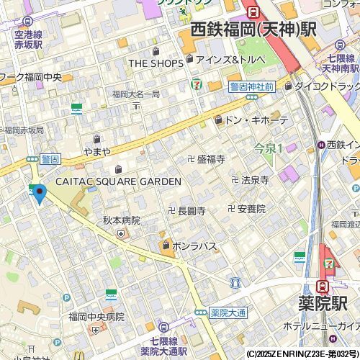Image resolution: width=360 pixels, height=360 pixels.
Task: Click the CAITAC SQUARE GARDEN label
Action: (119, 181)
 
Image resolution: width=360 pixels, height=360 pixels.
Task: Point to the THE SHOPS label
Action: (156, 63)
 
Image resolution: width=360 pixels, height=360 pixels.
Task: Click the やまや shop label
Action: (97, 151)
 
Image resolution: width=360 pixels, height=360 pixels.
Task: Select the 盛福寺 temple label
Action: (211, 158)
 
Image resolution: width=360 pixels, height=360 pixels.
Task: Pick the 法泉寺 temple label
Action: (255, 179)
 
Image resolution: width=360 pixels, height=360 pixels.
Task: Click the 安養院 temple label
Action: (251, 209)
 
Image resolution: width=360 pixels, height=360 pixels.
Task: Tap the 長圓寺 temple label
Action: (192, 211)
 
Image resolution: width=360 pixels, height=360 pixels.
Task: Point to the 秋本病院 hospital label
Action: (121, 220)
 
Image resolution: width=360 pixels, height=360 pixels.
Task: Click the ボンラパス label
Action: (194, 246)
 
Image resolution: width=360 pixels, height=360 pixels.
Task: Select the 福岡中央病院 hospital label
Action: (96, 316)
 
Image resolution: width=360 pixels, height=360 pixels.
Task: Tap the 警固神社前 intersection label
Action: (251, 86)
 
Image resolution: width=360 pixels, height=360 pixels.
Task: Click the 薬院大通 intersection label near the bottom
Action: (228, 312)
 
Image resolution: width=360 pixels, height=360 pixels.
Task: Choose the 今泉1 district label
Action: (268, 148)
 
